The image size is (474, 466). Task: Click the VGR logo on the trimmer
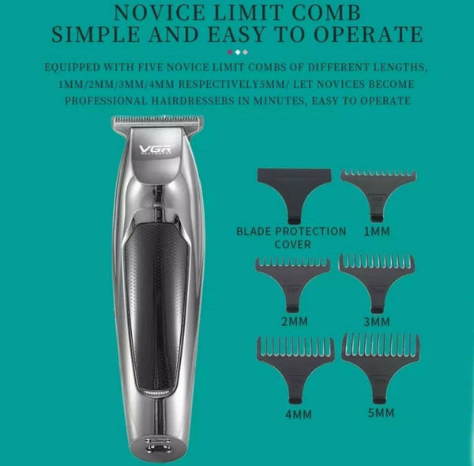tap(156, 150)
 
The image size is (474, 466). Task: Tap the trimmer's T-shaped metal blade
tap(158, 121)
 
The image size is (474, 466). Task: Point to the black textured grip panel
tap(156, 306)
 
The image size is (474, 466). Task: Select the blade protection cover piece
tap(294, 195)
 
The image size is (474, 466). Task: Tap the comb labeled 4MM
tap(295, 370)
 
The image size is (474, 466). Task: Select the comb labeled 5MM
tap(381, 369)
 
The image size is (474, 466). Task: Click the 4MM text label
tap(299, 415)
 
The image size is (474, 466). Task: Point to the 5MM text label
tap(382, 413)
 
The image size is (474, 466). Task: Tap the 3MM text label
tap(377, 321)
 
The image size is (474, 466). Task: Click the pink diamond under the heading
tap(230, 52)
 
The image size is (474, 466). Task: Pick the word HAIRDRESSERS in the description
tap(193, 100)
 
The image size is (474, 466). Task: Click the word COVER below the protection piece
tap(292, 244)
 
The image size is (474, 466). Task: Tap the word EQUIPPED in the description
tap(72, 67)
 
